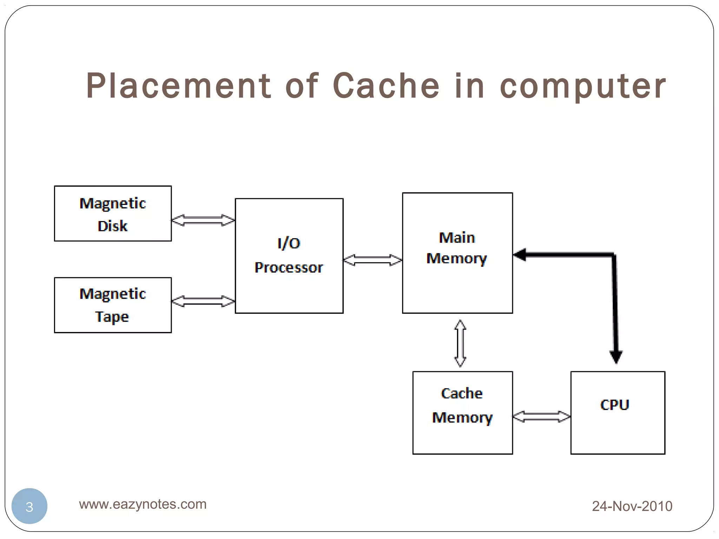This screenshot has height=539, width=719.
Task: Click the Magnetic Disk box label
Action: [x=113, y=214]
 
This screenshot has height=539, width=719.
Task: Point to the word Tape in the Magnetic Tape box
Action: [x=112, y=317]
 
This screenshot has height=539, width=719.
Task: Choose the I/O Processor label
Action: [x=289, y=255]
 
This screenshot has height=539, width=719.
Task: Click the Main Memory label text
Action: [x=457, y=248]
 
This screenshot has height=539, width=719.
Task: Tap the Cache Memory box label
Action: [x=462, y=405]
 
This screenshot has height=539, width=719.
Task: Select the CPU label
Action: [x=615, y=405]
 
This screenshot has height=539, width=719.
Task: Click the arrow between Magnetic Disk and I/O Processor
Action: [x=203, y=220]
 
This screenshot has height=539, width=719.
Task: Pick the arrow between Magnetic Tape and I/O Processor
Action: [x=203, y=301]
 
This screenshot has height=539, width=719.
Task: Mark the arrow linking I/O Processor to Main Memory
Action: [x=372, y=260]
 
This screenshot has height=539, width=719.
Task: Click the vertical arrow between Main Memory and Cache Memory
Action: [x=460, y=343]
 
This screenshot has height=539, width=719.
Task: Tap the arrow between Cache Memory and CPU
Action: [x=541, y=417]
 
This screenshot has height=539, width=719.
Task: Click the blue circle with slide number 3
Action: [x=29, y=506]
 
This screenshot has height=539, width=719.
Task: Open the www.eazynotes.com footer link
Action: [x=143, y=504]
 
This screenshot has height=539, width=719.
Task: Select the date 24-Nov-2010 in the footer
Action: [x=632, y=506]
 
